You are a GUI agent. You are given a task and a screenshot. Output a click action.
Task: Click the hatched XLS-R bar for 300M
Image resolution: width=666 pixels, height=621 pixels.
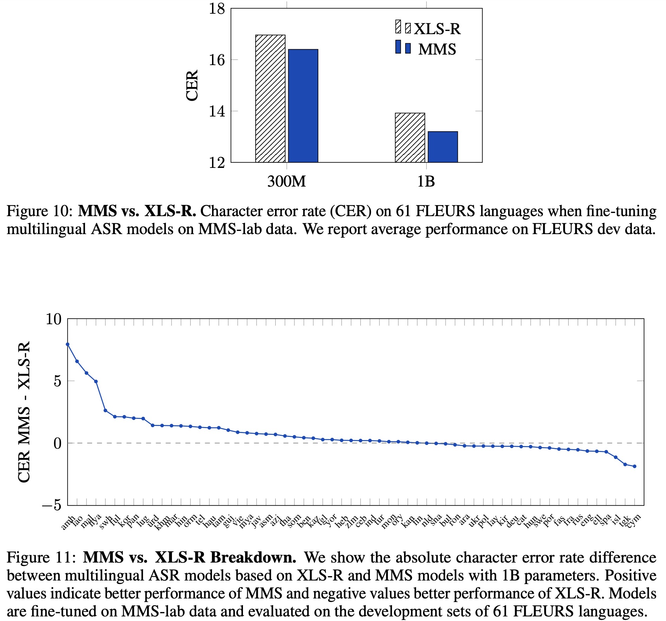click(270, 99)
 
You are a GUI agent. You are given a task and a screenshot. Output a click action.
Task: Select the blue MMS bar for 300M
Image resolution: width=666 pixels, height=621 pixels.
click(303, 106)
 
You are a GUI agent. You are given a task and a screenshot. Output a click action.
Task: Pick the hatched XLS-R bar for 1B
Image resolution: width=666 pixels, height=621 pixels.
click(410, 138)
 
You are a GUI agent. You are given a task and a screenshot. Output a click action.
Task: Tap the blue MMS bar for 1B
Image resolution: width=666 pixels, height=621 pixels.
click(442, 147)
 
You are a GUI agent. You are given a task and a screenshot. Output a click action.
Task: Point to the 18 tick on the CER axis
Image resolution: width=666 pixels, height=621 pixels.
click(217, 9)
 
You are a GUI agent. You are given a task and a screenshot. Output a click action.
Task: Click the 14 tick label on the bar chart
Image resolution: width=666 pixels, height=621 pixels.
click(217, 112)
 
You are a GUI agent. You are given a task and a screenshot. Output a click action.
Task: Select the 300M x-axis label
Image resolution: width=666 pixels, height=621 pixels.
click(286, 182)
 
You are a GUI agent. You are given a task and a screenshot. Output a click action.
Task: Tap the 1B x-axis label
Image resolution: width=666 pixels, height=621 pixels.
click(426, 182)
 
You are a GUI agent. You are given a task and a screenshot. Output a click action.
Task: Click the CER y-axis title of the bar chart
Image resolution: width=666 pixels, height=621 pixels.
click(192, 86)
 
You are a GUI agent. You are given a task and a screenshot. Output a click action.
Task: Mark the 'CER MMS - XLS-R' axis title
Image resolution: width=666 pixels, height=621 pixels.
click(24, 412)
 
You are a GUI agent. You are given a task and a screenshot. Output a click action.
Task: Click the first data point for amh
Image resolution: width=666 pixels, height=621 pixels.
click(68, 344)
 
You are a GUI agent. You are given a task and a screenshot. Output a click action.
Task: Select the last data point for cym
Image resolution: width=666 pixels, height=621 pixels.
click(634, 466)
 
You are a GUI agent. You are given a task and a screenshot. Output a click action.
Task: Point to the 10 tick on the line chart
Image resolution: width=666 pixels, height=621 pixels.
click(53, 319)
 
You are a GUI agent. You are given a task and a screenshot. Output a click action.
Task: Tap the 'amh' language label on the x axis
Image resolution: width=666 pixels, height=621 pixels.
click(68, 522)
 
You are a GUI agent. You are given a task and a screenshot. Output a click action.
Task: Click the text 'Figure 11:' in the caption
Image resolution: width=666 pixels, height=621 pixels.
click(41, 558)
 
